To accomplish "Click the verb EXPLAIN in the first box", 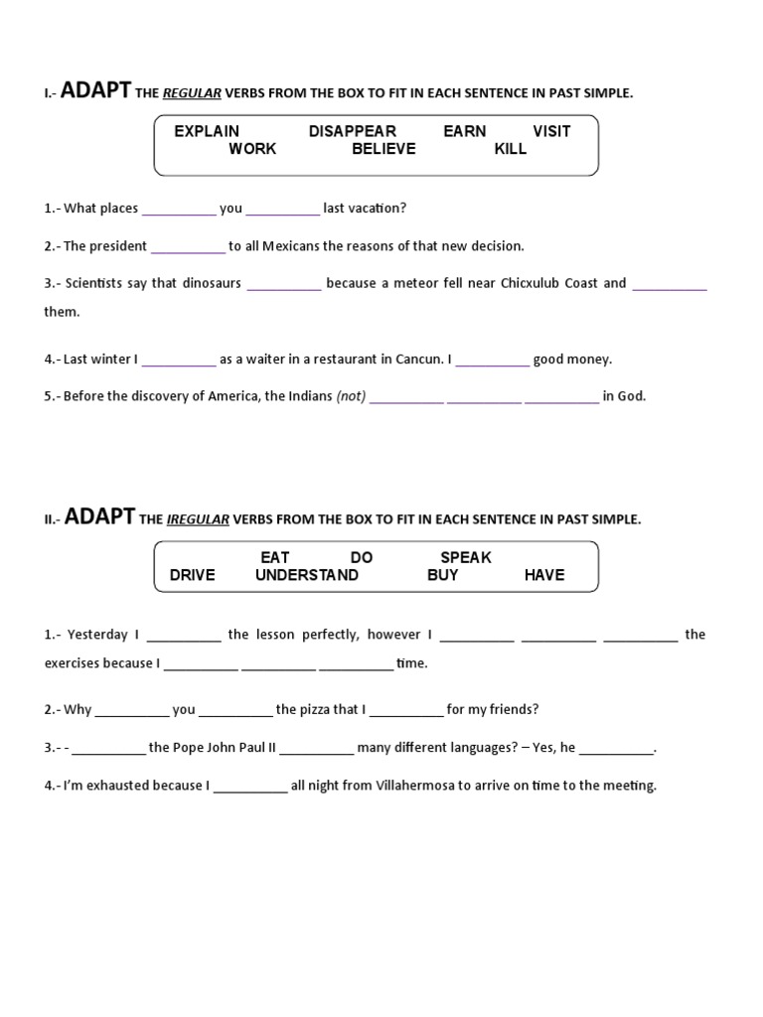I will click(x=207, y=131).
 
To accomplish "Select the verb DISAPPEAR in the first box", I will click(x=352, y=131).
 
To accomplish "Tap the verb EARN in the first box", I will click(x=465, y=131).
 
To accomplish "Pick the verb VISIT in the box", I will click(x=551, y=131).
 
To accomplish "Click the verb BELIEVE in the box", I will click(x=383, y=149).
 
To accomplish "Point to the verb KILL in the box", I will click(x=511, y=149).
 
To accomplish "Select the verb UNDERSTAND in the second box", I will click(x=307, y=575).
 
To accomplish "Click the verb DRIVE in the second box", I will click(x=193, y=575).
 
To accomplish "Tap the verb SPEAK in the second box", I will click(x=466, y=557).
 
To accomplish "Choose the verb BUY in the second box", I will click(x=443, y=575).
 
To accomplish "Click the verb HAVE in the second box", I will click(x=544, y=575).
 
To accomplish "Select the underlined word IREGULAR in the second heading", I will click(x=198, y=519).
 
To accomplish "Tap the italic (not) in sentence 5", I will click(x=352, y=396).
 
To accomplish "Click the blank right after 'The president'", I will click(x=189, y=247).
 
